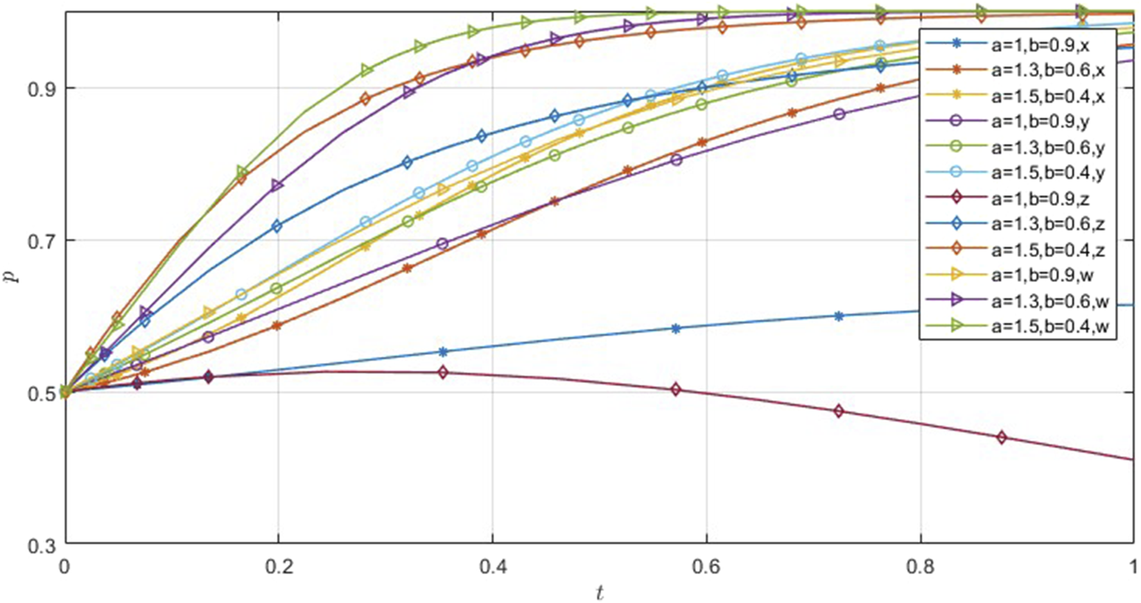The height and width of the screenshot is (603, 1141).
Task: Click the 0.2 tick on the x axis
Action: [278, 566]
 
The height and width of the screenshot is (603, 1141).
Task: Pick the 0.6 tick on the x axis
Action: [706, 566]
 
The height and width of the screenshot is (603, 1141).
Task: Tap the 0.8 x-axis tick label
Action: [920, 566]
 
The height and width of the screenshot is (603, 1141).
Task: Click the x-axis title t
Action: [599, 592]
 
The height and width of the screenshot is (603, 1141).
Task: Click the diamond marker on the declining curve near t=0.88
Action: [1001, 437]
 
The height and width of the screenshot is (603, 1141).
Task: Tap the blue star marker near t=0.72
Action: [839, 316]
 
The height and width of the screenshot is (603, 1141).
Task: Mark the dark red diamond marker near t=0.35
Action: [443, 373]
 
